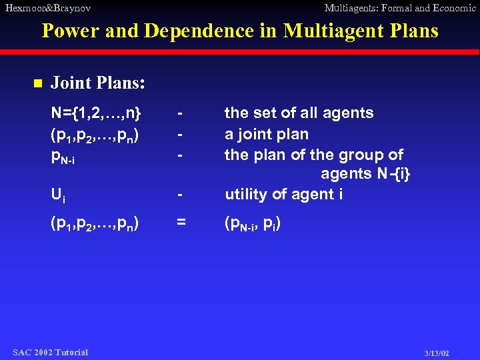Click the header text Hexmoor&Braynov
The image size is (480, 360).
(x=47, y=8)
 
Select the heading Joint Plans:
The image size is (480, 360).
(x=99, y=83)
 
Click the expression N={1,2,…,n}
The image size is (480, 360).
(x=96, y=113)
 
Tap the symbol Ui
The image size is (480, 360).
(x=58, y=195)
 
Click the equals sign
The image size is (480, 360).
(x=181, y=223)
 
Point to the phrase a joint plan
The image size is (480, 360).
(x=267, y=134)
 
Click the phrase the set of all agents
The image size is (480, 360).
(x=299, y=113)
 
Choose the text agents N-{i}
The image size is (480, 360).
(x=366, y=174)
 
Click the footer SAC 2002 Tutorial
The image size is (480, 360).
(x=50, y=352)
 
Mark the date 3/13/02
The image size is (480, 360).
(x=437, y=353)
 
